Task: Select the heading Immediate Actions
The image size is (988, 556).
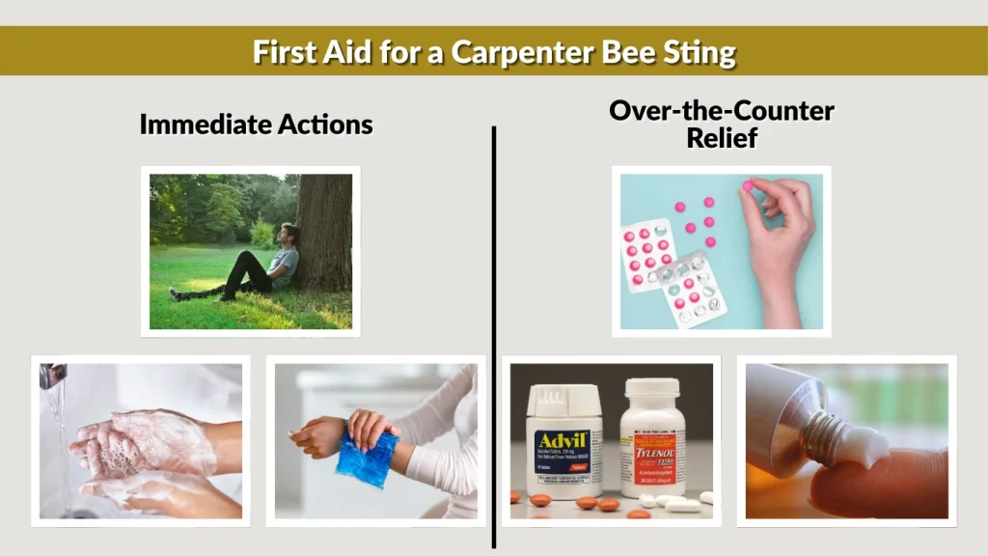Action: tap(256, 125)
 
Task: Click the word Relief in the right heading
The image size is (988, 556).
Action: tap(721, 138)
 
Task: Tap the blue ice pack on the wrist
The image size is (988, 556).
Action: tap(367, 453)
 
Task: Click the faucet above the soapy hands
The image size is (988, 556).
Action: tap(52, 375)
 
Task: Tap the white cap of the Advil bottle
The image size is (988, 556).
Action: tap(564, 396)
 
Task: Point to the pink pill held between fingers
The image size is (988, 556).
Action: tap(747, 185)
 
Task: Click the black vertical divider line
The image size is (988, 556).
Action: tap(494, 338)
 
